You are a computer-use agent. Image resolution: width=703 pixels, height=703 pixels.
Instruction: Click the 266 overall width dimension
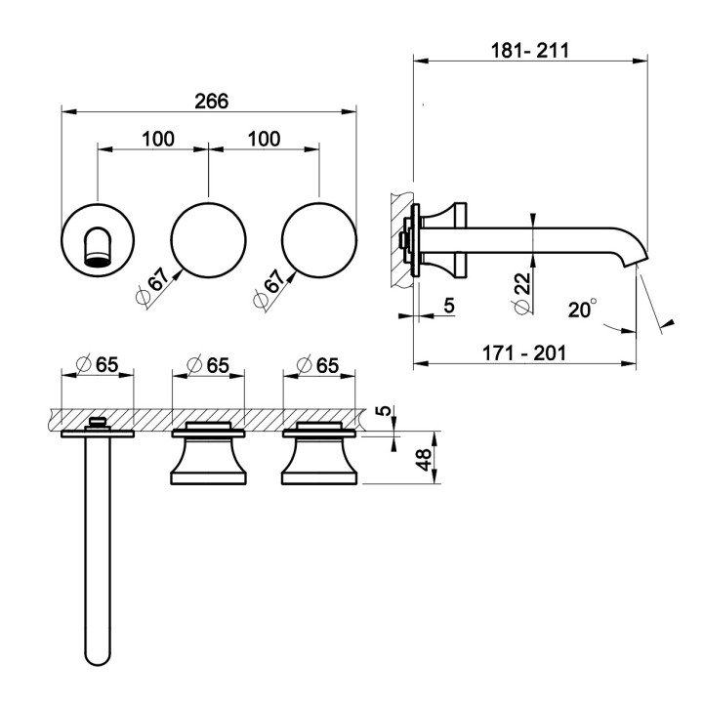[211, 102]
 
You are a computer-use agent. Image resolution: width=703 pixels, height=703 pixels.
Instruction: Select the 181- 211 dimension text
[530, 50]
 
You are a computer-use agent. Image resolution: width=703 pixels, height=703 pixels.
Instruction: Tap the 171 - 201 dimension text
[524, 352]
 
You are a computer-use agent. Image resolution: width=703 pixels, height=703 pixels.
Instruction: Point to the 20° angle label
[582, 309]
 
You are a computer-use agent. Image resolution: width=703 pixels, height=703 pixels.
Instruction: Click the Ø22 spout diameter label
[522, 292]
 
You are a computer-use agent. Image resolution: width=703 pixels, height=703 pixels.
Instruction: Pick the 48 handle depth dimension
[424, 459]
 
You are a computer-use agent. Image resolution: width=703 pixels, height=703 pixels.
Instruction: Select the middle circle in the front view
[209, 240]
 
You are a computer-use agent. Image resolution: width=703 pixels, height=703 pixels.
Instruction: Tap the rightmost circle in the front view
[319, 240]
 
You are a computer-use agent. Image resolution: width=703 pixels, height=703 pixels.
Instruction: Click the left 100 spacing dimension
[158, 139]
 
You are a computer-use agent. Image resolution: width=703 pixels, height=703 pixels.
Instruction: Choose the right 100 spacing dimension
[264, 139]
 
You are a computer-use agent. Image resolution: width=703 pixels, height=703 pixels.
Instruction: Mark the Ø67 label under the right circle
[269, 288]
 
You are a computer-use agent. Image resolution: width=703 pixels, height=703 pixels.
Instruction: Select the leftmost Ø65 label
[98, 364]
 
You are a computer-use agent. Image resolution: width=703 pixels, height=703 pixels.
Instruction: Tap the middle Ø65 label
[208, 364]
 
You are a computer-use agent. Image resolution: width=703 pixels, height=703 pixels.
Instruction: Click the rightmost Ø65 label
[318, 364]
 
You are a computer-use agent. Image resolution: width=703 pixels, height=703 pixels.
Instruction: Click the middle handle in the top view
[209, 454]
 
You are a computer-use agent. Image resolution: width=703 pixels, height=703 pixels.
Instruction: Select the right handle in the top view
[319, 454]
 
